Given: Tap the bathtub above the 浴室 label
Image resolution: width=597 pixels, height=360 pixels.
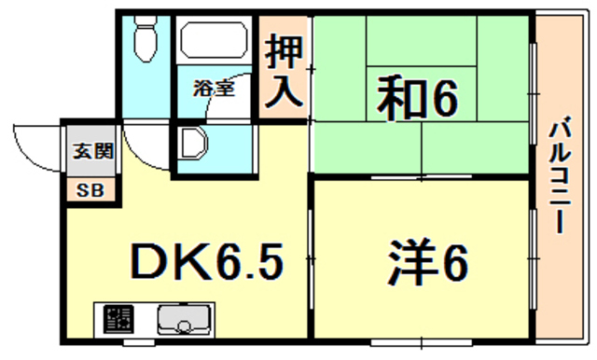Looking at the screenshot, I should click(212, 43).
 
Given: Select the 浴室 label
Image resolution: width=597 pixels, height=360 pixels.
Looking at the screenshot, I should click(214, 90).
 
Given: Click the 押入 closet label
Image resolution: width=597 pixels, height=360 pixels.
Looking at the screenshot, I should click(283, 73).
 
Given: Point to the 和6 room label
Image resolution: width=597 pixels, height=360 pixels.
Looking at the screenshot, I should click(417, 97).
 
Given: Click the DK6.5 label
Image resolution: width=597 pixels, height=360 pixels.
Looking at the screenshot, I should click(205, 264).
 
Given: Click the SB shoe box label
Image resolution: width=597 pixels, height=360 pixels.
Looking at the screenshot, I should click(90, 190).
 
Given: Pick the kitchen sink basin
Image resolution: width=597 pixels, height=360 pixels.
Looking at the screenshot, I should click(183, 322).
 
